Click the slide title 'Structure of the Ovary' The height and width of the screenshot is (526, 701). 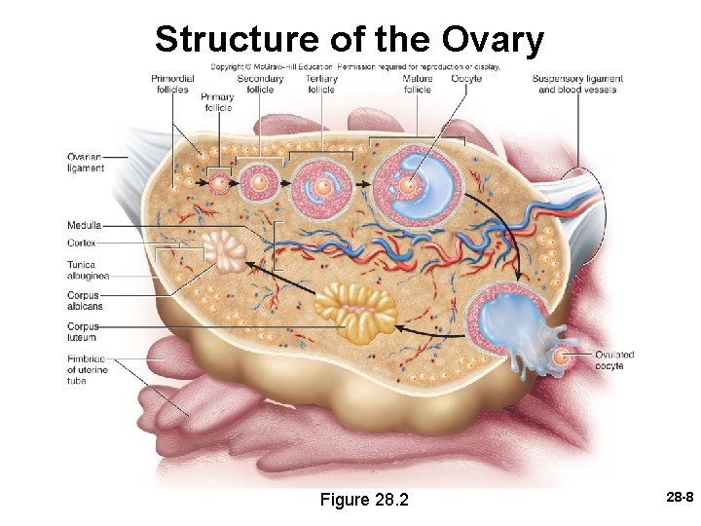[349, 40]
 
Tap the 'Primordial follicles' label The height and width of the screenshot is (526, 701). [172, 84]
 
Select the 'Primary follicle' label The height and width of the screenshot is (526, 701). [218, 102]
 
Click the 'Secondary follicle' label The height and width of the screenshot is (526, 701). [260, 84]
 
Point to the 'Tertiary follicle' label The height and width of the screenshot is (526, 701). [321, 84]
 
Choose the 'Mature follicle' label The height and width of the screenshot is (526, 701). [417, 84]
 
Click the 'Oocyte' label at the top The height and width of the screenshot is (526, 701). [466, 78]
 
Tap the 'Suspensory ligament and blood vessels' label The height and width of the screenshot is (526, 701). [577, 84]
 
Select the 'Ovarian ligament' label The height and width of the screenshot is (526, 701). [86, 163]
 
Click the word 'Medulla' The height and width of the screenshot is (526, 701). [85, 225]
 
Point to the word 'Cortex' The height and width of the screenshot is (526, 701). [82, 243]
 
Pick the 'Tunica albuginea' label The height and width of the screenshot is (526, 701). [88, 270]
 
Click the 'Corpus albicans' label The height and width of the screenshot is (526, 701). [85, 301]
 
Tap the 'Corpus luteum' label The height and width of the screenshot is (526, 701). [83, 332]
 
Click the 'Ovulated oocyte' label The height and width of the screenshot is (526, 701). [614, 360]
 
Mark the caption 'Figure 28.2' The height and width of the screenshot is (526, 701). [364, 500]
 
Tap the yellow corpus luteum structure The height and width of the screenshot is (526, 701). [356, 309]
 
